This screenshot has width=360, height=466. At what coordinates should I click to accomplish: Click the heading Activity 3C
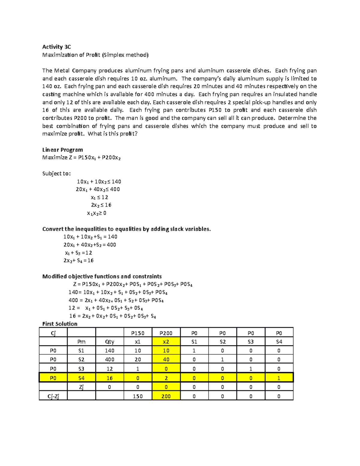56,47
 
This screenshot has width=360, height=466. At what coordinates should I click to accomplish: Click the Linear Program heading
62,150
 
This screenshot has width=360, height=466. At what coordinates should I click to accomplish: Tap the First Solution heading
60,324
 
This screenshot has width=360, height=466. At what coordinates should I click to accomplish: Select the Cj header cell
53,333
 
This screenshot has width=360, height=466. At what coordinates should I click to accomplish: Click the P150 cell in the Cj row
138,333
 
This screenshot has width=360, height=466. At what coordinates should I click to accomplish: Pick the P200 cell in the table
166,333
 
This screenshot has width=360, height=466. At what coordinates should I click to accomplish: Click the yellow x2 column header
166,342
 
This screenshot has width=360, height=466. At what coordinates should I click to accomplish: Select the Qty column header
109,342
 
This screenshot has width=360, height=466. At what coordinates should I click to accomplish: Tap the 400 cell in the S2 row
109,359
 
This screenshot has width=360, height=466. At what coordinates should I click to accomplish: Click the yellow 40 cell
166,359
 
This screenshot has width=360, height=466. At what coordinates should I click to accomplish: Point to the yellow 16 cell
109,378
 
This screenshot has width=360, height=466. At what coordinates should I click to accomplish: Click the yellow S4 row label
81,378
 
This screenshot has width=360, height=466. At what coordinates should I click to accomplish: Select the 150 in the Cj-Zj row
138,396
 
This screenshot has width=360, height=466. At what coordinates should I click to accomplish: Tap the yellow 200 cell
166,396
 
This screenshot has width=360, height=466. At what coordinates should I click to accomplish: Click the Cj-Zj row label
53,396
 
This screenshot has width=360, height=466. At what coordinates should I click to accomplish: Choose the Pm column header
81,342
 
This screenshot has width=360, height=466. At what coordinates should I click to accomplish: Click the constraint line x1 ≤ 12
99,197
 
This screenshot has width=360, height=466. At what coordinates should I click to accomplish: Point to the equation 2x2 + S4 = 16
78,260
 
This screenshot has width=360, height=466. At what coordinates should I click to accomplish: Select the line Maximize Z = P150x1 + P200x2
81,158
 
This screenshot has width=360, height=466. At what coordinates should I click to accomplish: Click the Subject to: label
56,173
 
